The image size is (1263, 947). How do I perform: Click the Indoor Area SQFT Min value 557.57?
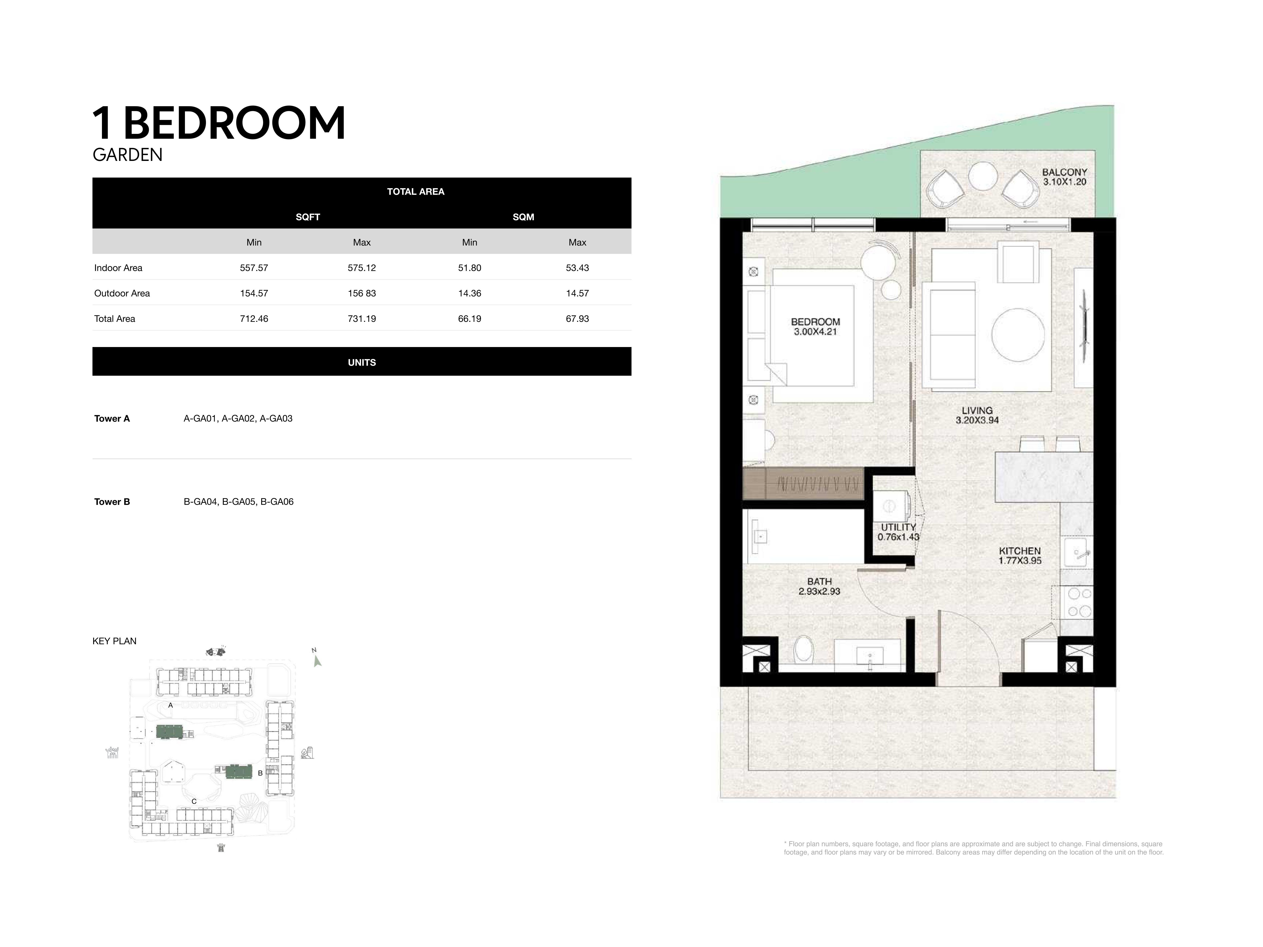(254, 268)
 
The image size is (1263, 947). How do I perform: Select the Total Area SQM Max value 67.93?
(577, 319)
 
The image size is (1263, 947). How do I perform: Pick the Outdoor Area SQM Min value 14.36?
(469, 293)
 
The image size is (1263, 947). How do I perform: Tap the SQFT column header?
(308, 217)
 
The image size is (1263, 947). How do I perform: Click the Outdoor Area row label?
(122, 293)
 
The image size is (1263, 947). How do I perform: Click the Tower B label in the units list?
(112, 502)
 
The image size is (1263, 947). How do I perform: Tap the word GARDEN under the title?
(127, 155)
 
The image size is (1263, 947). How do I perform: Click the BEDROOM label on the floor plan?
(815, 322)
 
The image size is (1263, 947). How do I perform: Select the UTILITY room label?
(898, 527)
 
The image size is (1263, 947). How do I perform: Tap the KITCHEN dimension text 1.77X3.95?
(1020, 561)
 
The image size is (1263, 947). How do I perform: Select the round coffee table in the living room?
(1018, 335)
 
